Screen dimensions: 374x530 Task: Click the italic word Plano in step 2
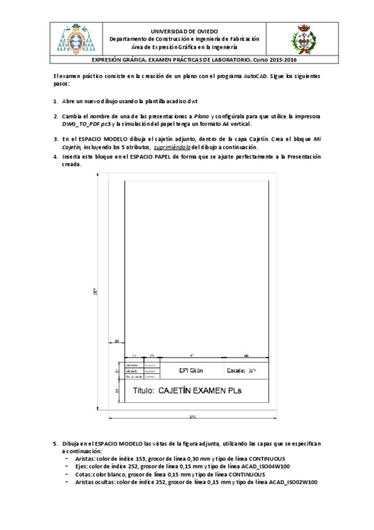coord(202,116)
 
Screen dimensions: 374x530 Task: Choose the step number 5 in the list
coord(55,443)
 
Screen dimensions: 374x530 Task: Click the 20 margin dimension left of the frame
coord(117,341)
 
